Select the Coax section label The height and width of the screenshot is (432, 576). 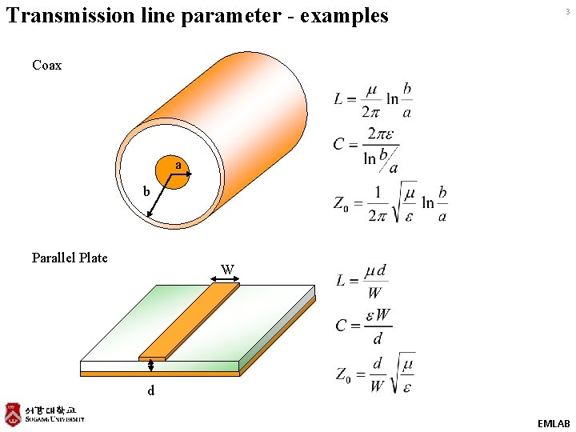[46, 65]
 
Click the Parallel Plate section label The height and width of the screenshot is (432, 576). [70, 258]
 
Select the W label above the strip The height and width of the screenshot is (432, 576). [227, 270]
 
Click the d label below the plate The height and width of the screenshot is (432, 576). [150, 391]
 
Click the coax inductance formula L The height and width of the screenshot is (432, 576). [373, 99]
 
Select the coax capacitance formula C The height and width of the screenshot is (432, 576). [367, 146]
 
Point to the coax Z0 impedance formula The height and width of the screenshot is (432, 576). [390, 203]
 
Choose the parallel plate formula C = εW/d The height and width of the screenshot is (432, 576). [364, 325]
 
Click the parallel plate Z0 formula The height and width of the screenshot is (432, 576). [374, 373]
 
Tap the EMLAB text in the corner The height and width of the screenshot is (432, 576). [554, 422]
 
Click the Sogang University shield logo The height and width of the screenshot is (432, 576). [12, 414]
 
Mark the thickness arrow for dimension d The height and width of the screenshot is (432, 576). [150, 366]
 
